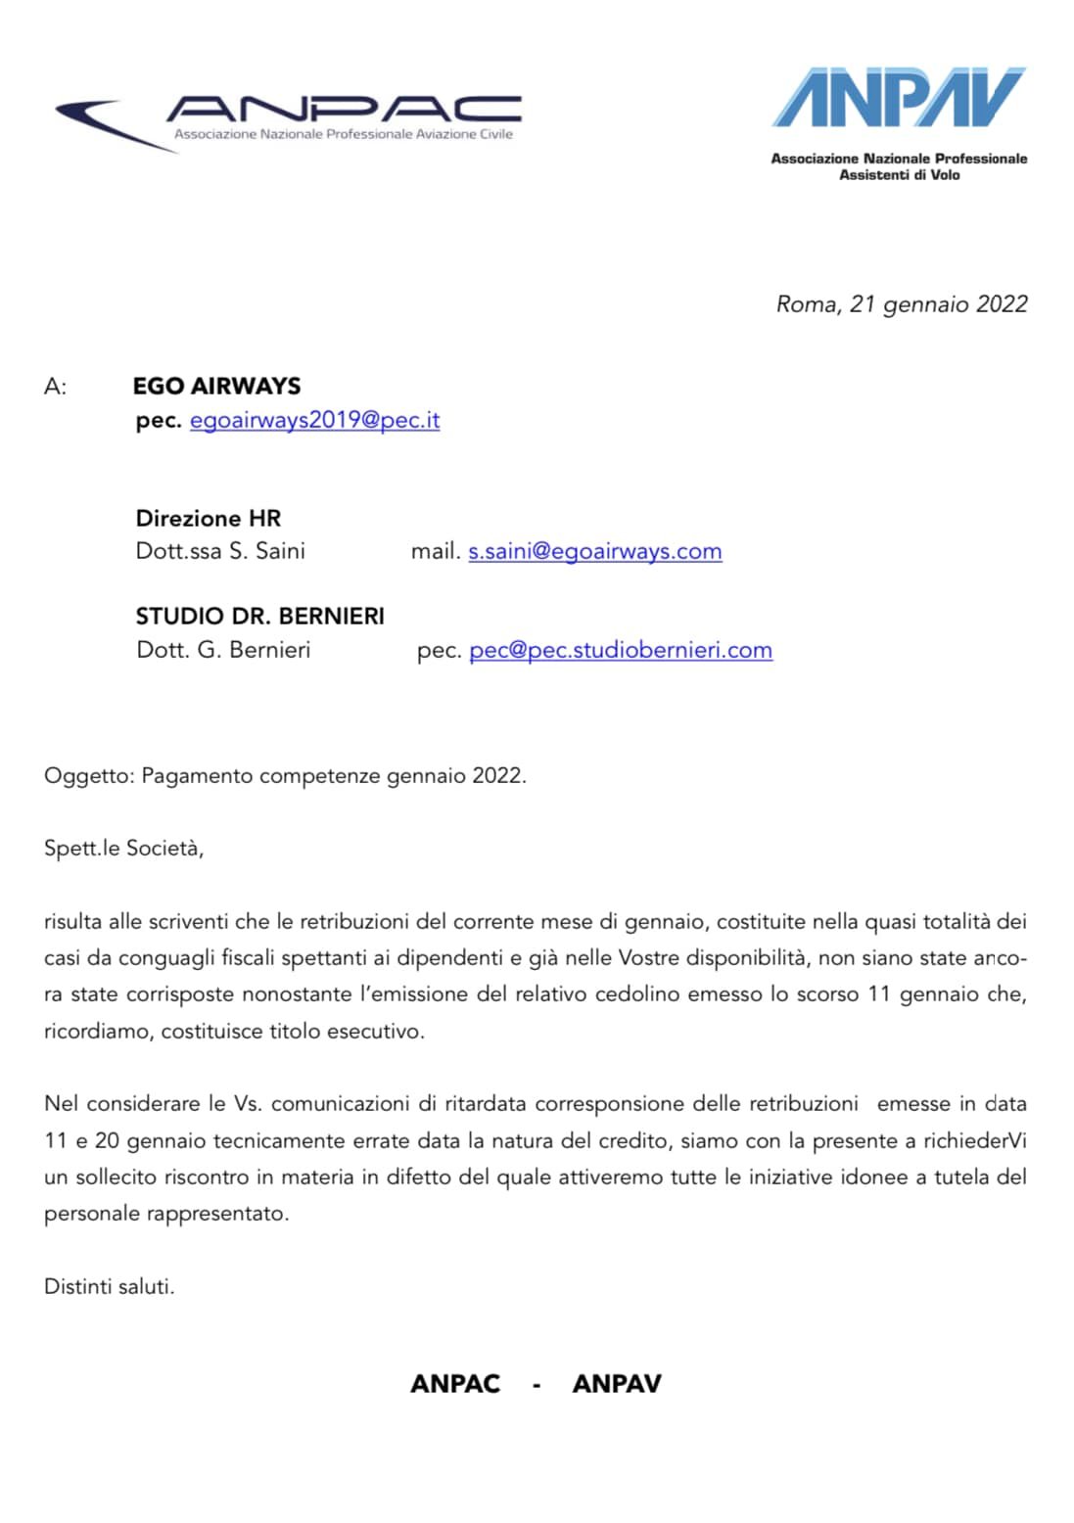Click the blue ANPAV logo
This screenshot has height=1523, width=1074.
(x=899, y=98)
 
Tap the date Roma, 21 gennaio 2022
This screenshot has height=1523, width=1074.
(x=902, y=304)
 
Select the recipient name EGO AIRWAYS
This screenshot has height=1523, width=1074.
(x=216, y=386)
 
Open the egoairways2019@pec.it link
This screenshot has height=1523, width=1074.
(x=314, y=420)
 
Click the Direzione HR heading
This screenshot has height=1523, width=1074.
(x=208, y=518)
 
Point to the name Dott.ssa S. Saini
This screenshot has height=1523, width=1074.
(x=220, y=551)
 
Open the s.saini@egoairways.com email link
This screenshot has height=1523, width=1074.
(x=594, y=551)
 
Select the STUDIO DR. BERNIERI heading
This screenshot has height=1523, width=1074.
(x=259, y=616)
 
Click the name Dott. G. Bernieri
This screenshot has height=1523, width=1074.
(x=223, y=650)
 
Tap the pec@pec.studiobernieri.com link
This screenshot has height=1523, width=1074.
(x=621, y=650)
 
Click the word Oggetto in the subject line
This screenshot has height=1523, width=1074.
(x=86, y=776)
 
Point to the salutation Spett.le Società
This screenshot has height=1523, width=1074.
(x=123, y=848)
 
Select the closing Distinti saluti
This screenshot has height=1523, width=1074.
(x=109, y=1286)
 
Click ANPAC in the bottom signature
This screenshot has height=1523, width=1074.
(x=455, y=1383)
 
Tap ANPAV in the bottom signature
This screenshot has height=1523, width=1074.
(x=617, y=1383)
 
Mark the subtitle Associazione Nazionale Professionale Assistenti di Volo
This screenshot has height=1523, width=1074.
(x=899, y=166)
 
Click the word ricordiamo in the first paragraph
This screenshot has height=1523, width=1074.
(x=96, y=1031)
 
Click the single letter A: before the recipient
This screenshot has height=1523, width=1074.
(x=55, y=387)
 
